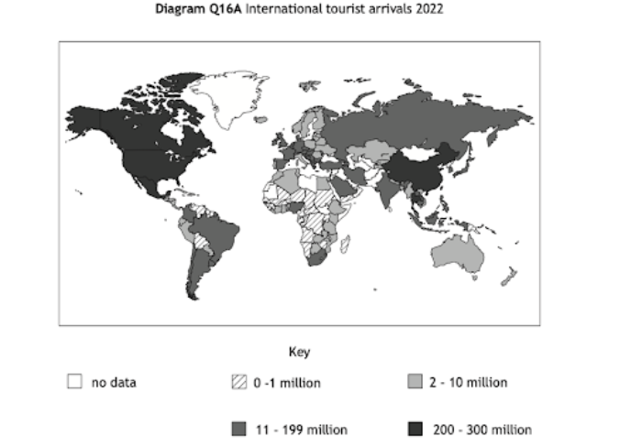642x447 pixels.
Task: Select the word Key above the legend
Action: [299, 352]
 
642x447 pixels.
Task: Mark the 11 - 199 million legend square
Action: [241, 429]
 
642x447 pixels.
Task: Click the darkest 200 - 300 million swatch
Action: [415, 429]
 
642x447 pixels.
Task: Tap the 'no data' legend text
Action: [114, 382]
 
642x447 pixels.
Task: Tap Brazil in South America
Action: [216, 229]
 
